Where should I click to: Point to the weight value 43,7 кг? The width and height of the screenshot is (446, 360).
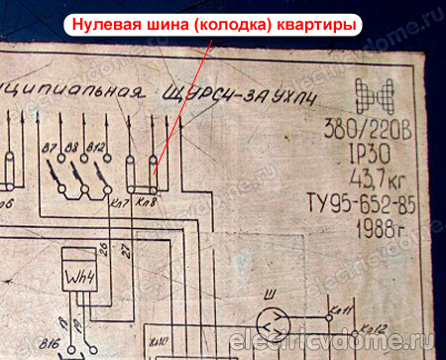[x=373, y=180]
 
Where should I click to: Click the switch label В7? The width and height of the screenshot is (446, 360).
[x=51, y=150]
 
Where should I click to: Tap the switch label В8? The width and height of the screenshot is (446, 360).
[x=71, y=150]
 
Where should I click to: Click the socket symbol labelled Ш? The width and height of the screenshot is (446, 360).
[x=269, y=320]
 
